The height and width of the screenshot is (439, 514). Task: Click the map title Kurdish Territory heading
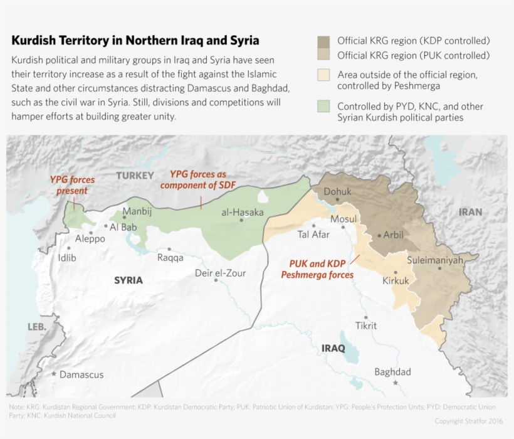pos(135,41)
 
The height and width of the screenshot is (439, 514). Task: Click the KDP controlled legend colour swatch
pos(323,41)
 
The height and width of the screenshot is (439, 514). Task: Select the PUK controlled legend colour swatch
pos(323,56)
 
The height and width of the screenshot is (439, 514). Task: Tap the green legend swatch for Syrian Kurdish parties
pos(323,107)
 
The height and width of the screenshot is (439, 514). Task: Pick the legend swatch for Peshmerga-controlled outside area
pos(323,75)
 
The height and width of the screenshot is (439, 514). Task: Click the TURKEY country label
pos(135,176)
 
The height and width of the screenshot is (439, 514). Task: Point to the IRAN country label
pos(470,212)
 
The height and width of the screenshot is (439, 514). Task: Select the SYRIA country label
pos(128,280)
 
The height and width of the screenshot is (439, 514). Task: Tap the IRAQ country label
pos(333,348)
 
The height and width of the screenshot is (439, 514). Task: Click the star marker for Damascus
pos(55,374)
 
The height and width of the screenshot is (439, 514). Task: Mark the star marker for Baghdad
pos(395,383)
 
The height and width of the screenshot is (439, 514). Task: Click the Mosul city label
pos(343,219)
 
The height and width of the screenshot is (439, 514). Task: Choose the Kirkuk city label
pos(396,281)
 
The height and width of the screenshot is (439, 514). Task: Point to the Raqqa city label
pos(170,258)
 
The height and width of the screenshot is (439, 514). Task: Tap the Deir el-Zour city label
pos(220,273)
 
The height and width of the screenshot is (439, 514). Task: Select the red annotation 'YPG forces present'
pos(72,185)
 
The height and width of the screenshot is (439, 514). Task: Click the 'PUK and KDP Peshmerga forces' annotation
pos(317,269)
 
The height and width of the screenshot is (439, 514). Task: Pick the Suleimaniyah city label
pos(434,259)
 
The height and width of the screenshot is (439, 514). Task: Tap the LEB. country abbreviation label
pos(37,327)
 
